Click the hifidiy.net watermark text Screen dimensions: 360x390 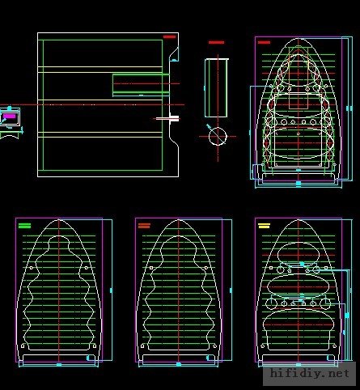(x=310, y=374)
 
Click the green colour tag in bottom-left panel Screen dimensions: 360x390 (x=24, y=226)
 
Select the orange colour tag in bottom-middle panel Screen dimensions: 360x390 (x=144, y=226)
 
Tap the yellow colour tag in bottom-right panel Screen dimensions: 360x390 (x=264, y=226)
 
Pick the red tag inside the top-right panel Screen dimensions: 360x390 (x=264, y=42)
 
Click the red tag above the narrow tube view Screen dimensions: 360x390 (x=216, y=42)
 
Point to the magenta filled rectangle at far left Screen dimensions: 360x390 (x=10, y=117)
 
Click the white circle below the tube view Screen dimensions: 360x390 (x=218, y=136)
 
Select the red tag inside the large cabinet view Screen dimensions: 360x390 (x=169, y=37)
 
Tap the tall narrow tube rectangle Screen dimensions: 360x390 (x=216, y=88)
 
